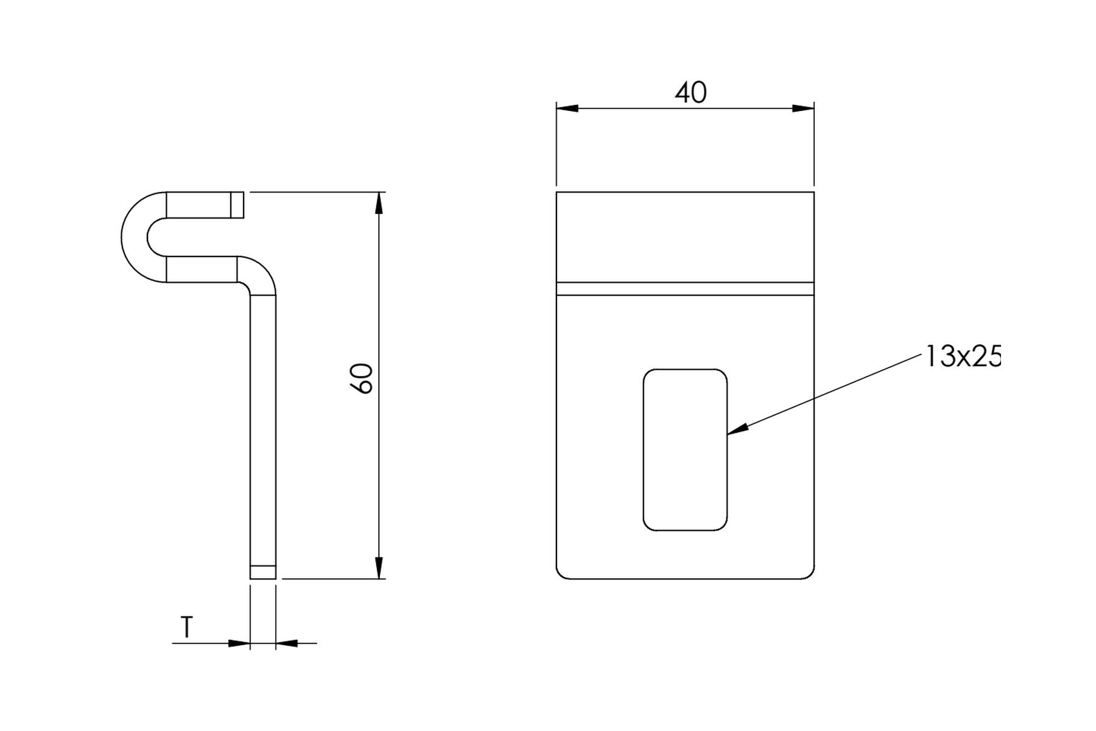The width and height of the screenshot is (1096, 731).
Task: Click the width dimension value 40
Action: pos(690,93)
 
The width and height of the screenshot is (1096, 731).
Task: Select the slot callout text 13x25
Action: pos(963,356)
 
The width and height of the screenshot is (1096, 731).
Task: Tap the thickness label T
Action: pos(187,627)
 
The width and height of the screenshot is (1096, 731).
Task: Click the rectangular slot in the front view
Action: pos(685,450)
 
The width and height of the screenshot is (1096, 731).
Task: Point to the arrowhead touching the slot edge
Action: pos(737,429)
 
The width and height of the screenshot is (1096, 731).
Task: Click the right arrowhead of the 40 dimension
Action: pos(803,108)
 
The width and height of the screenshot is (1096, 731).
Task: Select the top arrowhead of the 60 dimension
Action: pos(379,203)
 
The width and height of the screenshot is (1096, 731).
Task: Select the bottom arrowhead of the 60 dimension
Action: pos(379,568)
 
